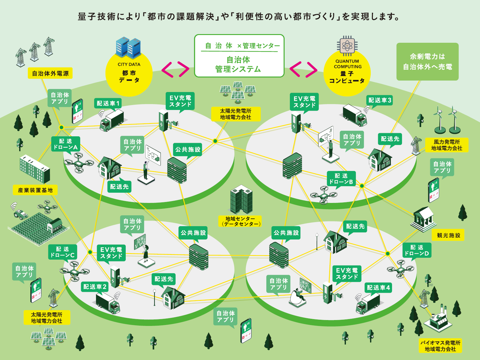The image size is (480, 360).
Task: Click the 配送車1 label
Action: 108,103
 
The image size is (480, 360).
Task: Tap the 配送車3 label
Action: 380,100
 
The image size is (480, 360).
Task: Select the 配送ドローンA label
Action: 66,144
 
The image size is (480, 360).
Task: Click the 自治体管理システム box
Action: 239,56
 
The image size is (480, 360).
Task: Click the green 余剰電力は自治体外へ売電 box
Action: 427,62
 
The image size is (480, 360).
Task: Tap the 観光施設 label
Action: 448,235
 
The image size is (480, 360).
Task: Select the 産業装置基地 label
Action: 35,190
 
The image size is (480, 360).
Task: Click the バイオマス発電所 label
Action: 440,346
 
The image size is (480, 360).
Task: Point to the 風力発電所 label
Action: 447,145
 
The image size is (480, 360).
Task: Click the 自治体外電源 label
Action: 50,73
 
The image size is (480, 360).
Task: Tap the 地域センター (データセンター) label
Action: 240,221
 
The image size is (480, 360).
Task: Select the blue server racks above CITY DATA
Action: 128,48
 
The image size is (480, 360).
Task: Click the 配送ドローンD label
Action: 417,250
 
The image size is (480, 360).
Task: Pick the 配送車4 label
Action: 378,288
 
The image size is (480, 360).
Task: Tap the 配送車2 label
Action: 95,287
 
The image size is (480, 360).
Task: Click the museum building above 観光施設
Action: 423,219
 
